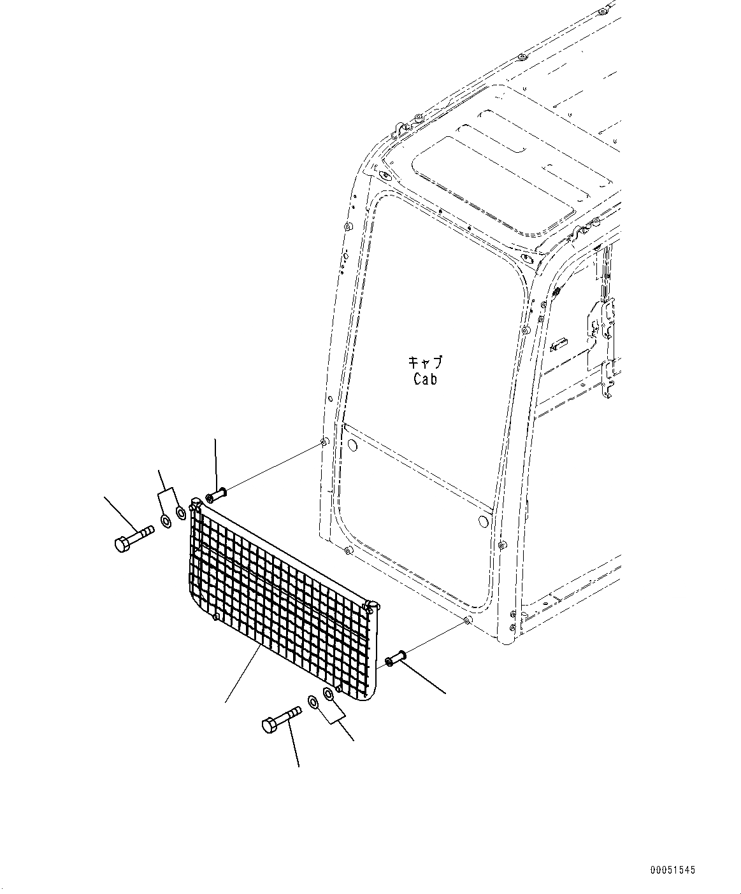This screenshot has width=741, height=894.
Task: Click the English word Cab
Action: (424, 380)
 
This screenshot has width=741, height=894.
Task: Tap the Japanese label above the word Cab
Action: (425, 363)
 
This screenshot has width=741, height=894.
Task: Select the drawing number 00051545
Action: (673, 869)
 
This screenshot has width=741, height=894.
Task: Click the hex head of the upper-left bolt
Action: (123, 545)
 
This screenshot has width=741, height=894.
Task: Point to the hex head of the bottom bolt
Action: (270, 725)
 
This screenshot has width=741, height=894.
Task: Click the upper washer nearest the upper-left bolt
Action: (166, 522)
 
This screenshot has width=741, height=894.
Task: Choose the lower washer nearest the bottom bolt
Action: (313, 702)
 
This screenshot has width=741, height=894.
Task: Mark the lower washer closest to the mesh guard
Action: (328, 694)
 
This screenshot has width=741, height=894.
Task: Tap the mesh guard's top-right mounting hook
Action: (370, 606)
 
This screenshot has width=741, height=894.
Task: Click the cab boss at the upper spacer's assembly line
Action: (324, 442)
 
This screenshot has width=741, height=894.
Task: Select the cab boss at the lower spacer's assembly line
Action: (468, 620)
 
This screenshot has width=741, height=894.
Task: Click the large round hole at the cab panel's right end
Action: (482, 521)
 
